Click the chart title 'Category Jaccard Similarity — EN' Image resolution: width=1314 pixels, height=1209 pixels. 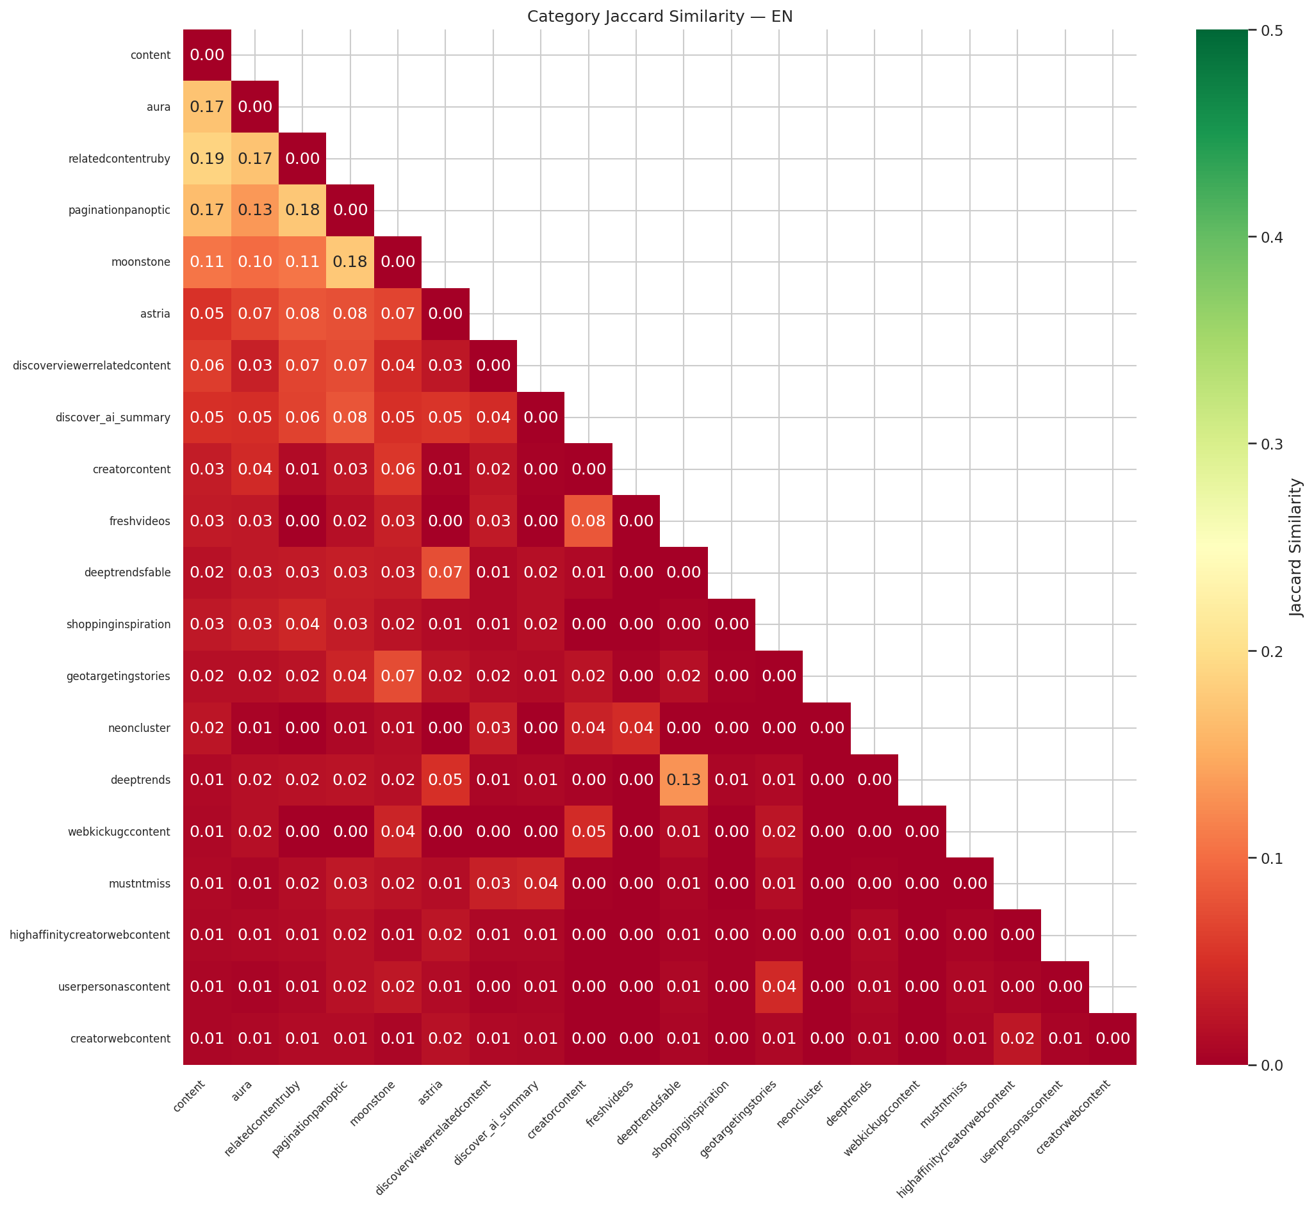[x=660, y=17]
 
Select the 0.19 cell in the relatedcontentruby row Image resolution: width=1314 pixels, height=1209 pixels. [x=207, y=158]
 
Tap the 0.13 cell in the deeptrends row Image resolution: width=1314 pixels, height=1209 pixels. [x=683, y=780]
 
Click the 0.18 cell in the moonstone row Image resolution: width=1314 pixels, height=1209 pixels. [x=350, y=263]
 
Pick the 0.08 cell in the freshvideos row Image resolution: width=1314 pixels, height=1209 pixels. [x=588, y=521]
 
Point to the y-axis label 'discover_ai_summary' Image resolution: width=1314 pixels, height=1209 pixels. [x=113, y=418]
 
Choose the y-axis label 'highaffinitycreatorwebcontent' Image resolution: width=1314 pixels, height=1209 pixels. [x=90, y=936]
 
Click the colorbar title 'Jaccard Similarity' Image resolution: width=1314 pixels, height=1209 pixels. [x=1295, y=548]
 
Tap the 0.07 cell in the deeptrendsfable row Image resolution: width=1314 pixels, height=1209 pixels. [x=446, y=573]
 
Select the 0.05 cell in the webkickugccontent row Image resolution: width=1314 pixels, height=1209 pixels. [x=588, y=832]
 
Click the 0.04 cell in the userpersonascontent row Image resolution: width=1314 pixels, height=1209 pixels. [x=778, y=987]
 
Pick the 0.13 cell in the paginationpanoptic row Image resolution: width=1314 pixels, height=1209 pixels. [x=254, y=211]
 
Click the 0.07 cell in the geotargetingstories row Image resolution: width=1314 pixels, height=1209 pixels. [x=398, y=676]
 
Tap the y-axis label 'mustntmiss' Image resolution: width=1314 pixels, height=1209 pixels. [x=140, y=884]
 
